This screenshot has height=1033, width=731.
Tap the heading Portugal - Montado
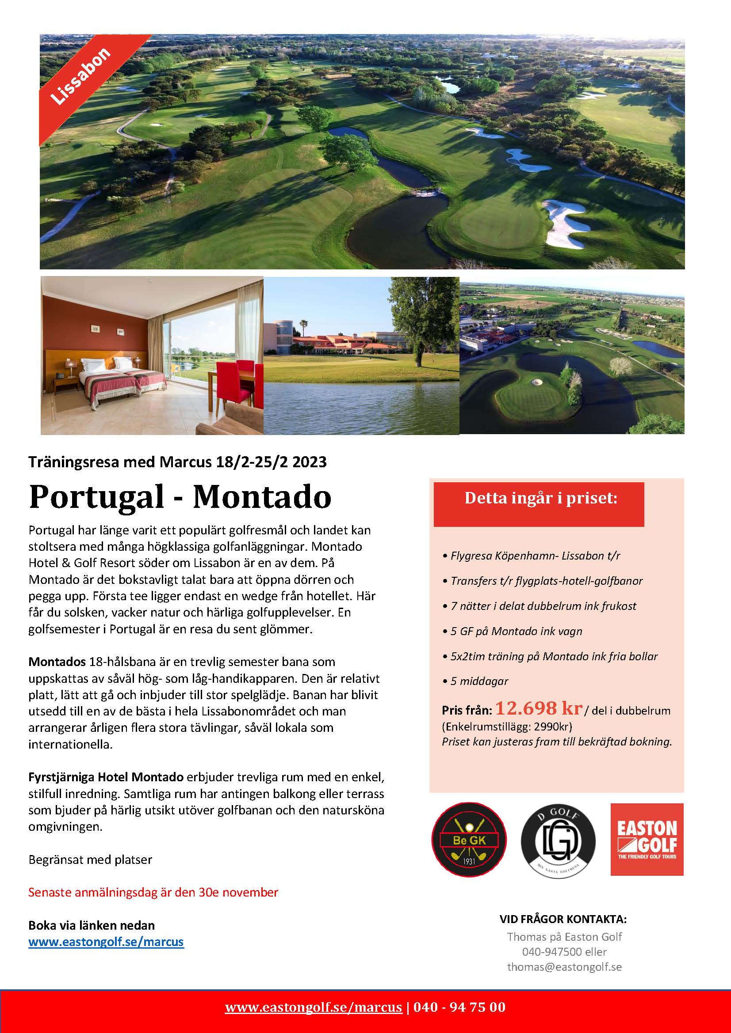(180, 497)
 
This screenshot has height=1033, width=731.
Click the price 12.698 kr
(539, 709)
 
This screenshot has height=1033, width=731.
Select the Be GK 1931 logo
(469, 840)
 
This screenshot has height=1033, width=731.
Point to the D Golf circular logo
(558, 840)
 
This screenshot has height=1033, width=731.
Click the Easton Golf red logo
(647, 840)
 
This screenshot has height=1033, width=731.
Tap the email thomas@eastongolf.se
(564, 966)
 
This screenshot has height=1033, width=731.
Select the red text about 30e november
(153, 892)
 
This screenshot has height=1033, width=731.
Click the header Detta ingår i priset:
(540, 498)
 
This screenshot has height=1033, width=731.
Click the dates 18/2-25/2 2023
(270, 462)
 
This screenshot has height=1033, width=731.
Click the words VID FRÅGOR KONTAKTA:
(563, 919)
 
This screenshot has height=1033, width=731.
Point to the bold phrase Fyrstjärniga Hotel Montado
(106, 777)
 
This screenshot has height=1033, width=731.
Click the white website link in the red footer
(314, 1007)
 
